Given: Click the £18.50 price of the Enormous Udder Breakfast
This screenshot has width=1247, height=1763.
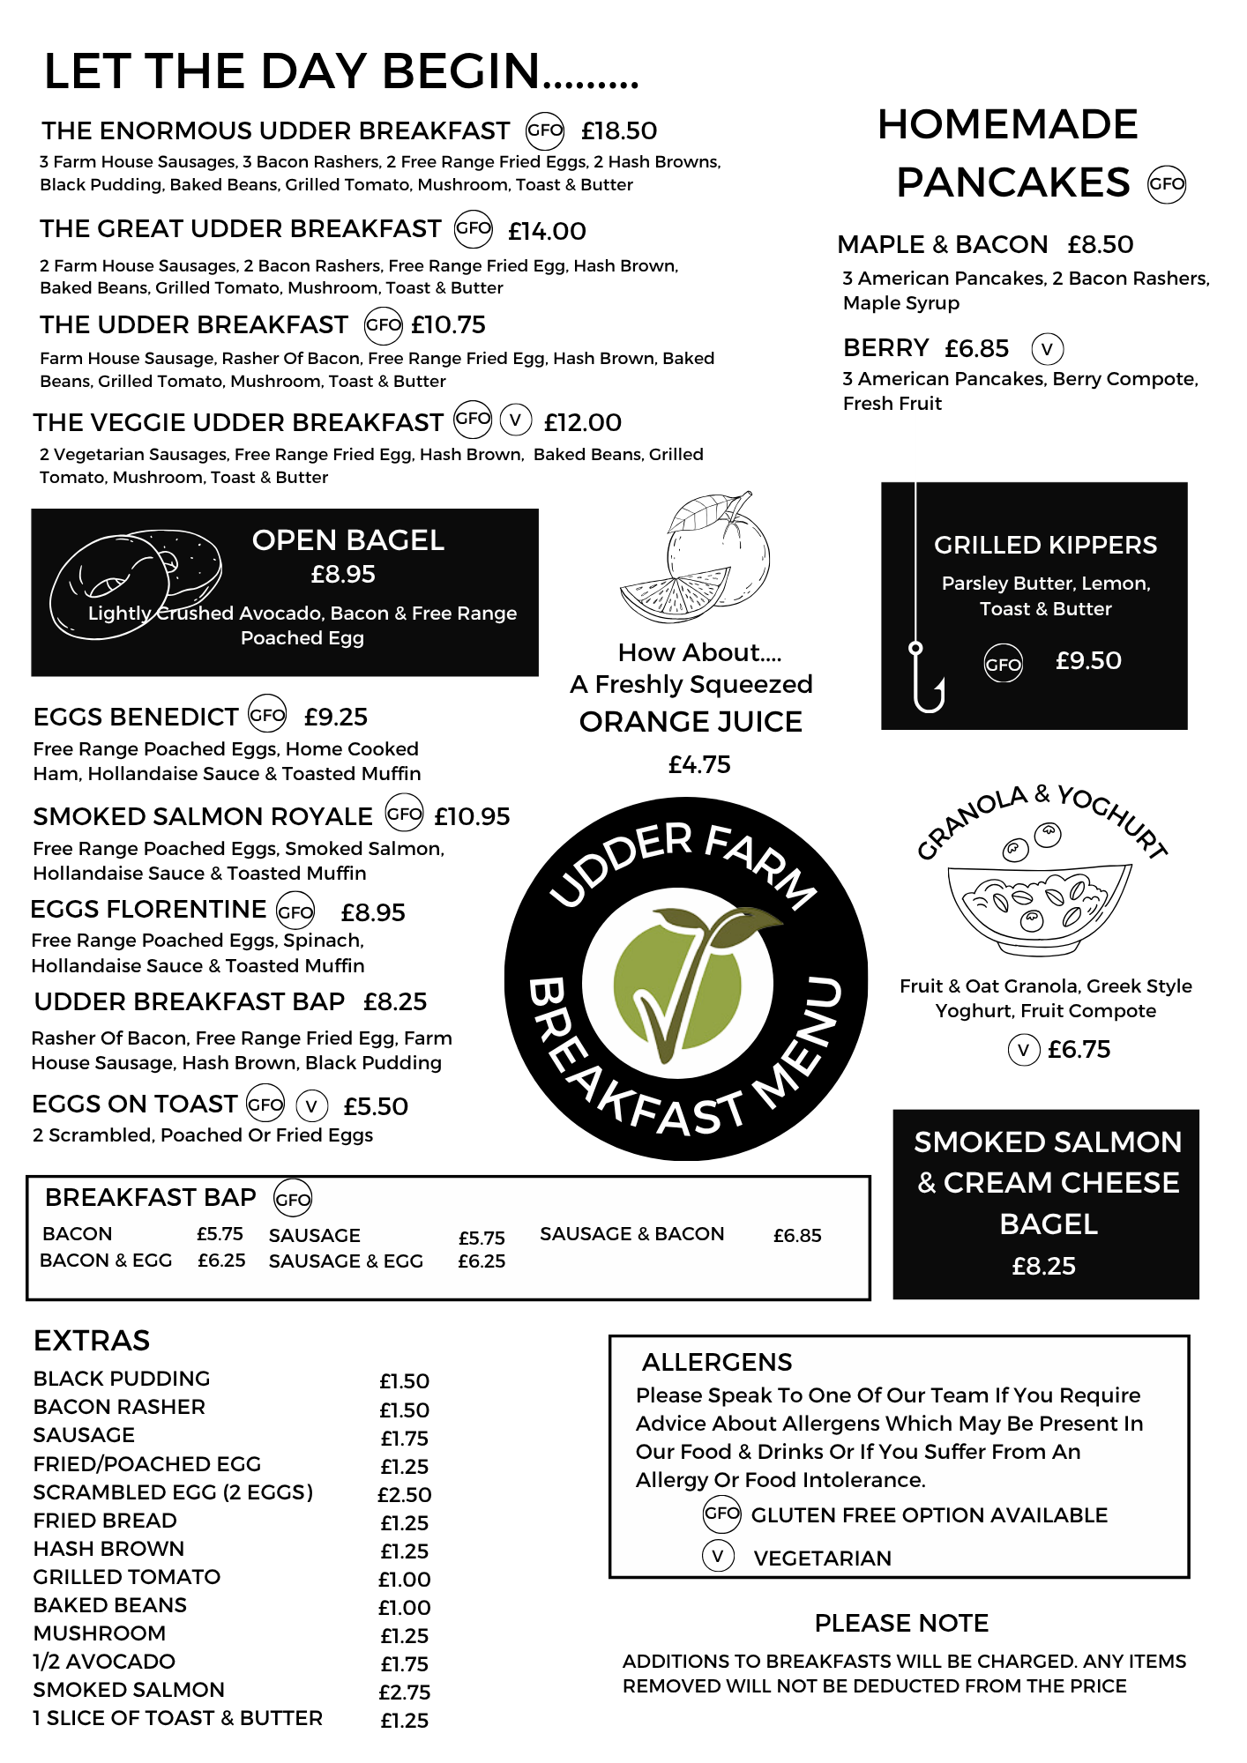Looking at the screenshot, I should coord(618,131).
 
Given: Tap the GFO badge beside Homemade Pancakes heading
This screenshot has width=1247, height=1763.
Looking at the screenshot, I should coord(1166,184).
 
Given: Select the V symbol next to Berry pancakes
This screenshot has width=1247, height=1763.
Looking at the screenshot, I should coord(1047,349).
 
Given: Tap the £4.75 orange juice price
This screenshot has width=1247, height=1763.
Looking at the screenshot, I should coord(698,764).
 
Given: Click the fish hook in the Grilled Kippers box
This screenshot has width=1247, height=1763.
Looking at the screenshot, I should coord(926,679).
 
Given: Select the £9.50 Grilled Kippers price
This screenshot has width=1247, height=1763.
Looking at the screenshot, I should coord(1088,661).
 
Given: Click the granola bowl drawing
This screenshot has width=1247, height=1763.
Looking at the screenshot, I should coord(1038,904).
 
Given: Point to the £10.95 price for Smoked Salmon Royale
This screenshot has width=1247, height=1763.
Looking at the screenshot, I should coord(472,817).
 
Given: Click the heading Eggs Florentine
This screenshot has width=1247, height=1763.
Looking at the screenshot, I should coord(148,909).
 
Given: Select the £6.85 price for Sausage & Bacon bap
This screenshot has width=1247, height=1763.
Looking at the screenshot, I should coord(796,1236).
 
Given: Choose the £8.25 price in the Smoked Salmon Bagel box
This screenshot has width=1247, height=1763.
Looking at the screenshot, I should coord(1043,1266).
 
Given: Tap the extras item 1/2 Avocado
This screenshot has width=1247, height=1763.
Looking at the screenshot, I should coord(104,1662).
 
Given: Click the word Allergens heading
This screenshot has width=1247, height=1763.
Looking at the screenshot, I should coord(717,1363).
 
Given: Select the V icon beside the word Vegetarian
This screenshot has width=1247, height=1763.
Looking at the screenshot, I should coord(718,1557).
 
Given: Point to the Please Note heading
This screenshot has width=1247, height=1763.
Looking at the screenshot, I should coord(901,1623).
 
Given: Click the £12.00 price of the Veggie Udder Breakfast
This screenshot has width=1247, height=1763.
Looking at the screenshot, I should coord(582,423).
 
